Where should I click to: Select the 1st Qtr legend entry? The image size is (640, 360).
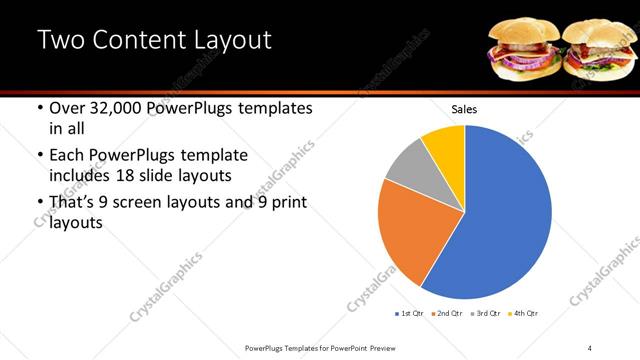410,313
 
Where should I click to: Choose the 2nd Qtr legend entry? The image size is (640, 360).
448,313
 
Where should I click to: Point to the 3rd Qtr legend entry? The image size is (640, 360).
486,313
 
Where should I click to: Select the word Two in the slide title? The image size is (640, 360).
62,41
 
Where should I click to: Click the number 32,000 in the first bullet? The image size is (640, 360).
120,109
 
